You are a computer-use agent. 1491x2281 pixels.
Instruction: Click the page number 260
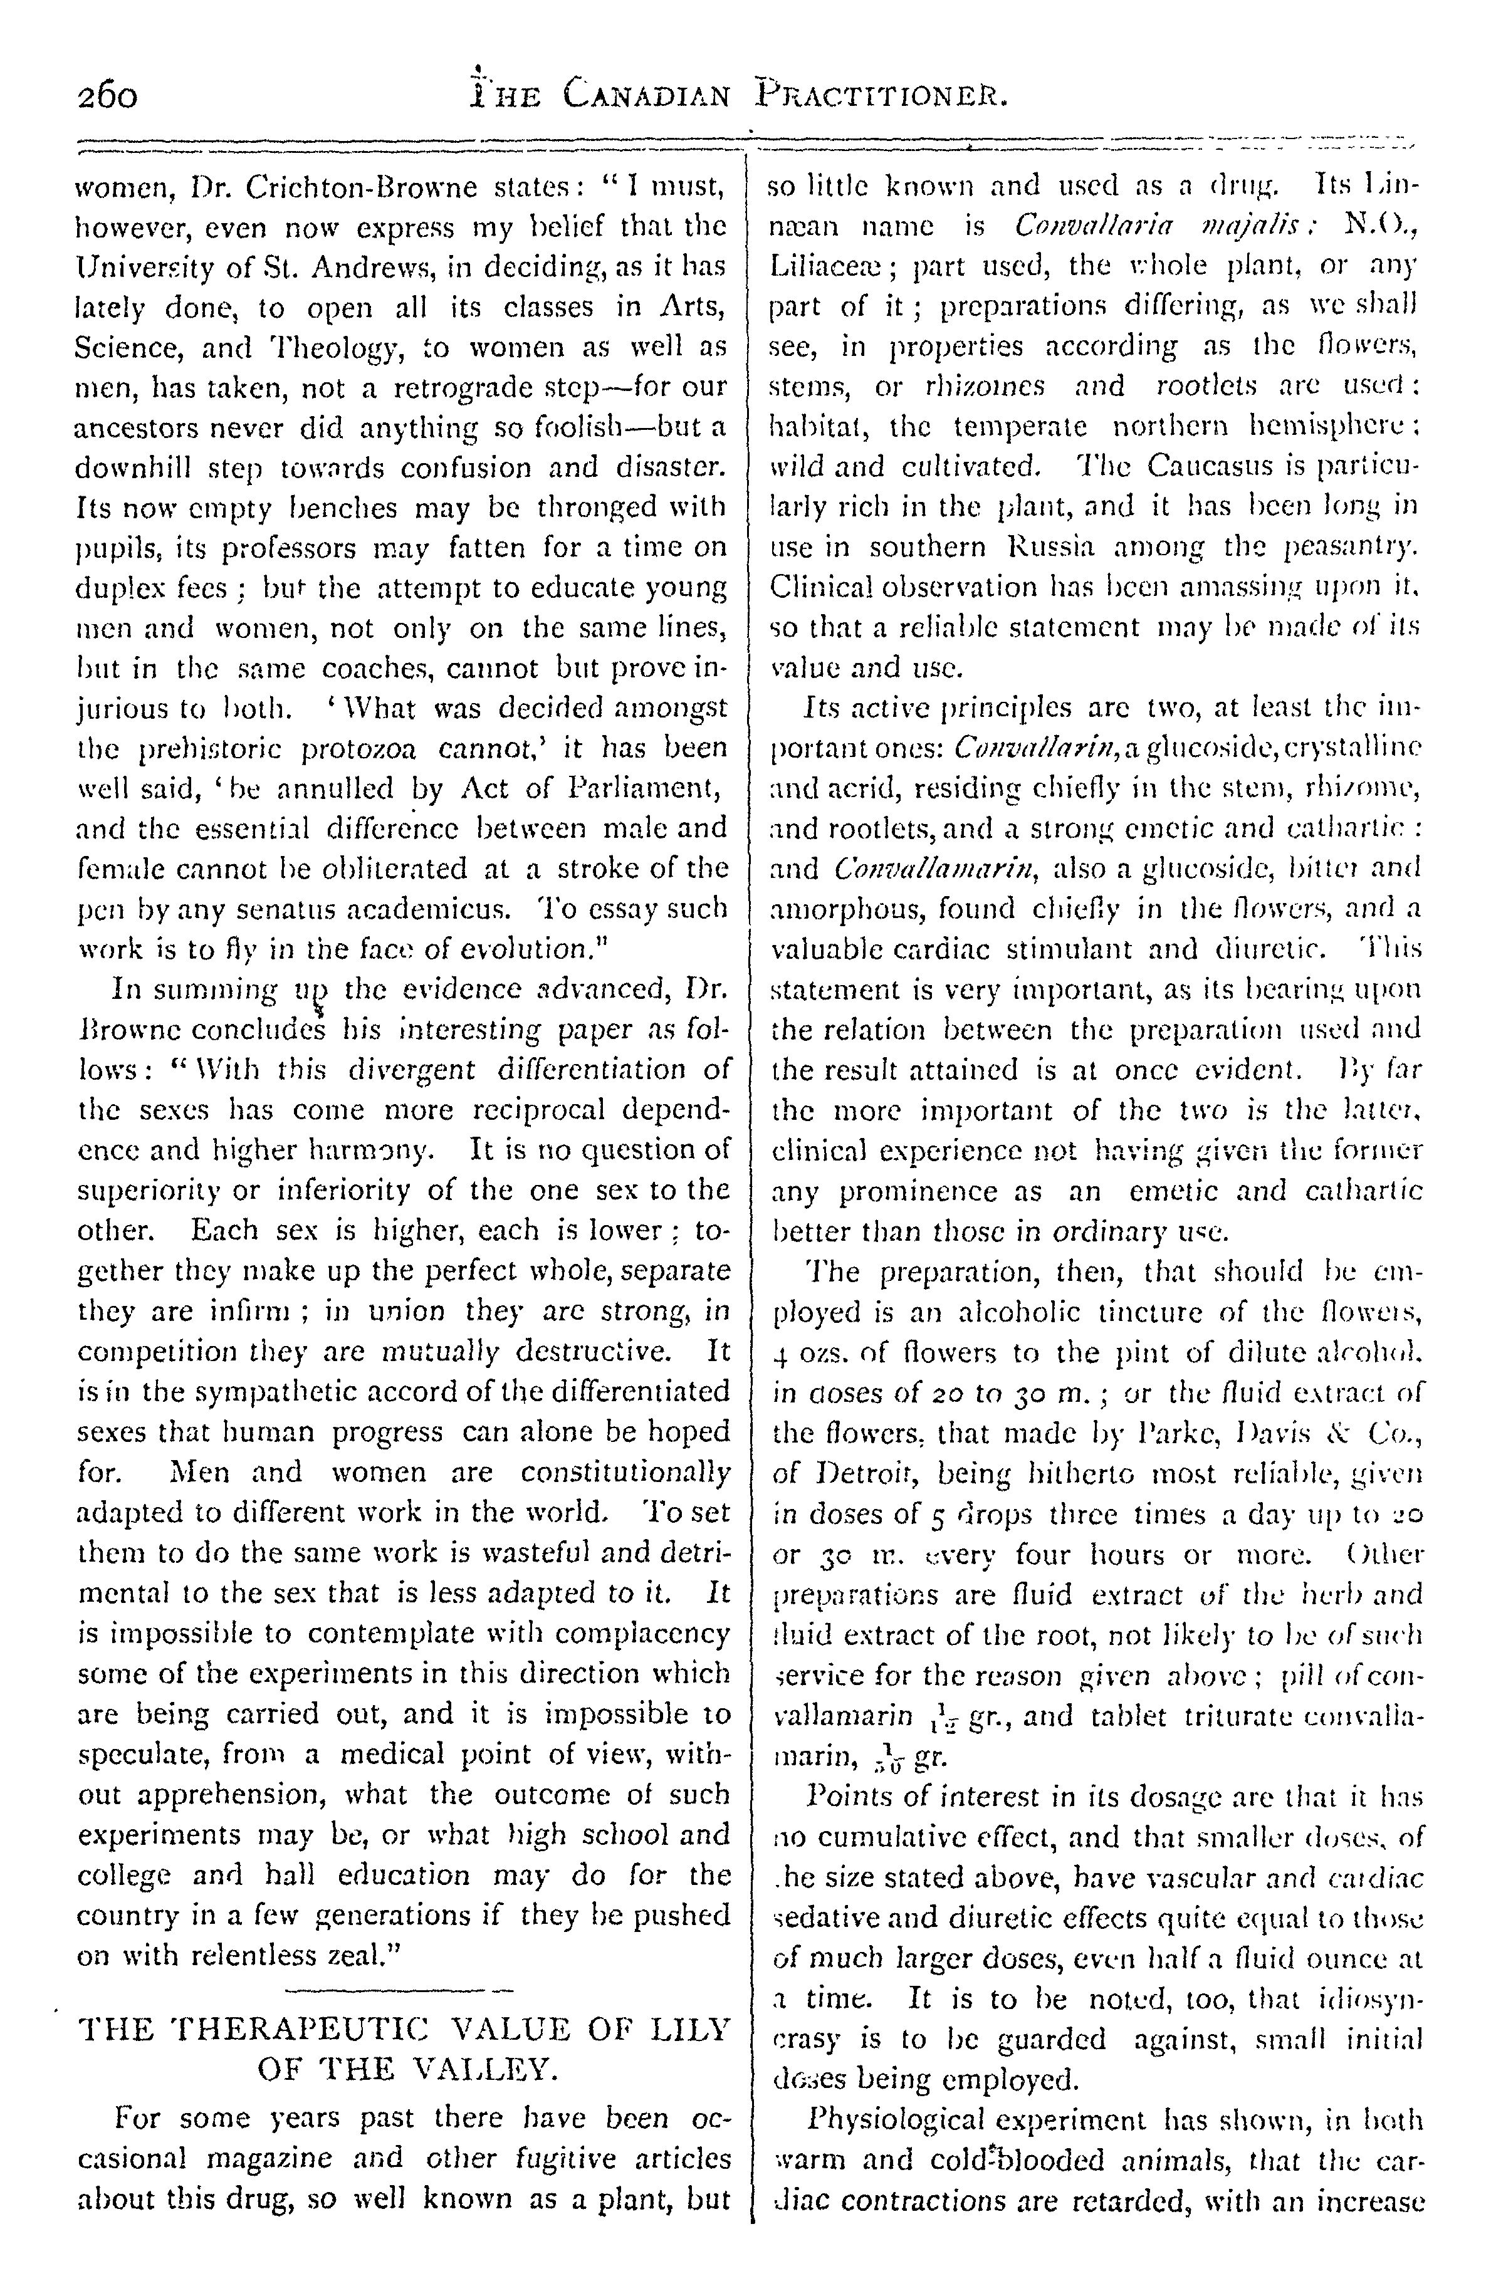point(107,96)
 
